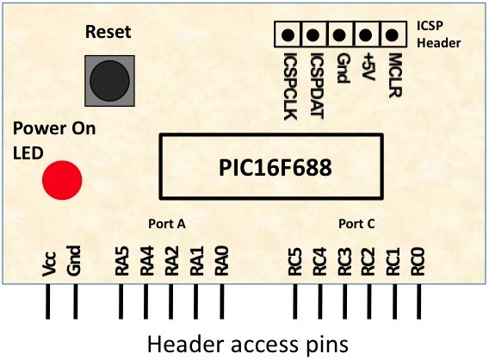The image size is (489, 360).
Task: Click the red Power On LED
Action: pos(62,180)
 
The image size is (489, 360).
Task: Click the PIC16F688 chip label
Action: pos(275,168)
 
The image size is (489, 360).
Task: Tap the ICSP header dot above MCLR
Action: pos(392,34)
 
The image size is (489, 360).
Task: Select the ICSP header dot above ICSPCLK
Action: pos(288,34)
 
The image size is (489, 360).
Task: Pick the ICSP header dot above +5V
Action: pos(366,34)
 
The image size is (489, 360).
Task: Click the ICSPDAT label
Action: pos(318,86)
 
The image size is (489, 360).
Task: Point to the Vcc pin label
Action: pos(49,264)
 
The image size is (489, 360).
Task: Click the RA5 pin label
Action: pos(122,261)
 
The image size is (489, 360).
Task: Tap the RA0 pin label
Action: pos(222,261)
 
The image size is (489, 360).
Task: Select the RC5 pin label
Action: pos(295,262)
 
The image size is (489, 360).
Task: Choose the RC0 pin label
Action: pos(418,262)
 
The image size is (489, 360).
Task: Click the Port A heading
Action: pos(167,224)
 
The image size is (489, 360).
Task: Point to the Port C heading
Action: pos(356,224)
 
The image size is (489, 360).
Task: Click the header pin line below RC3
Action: pos(344,301)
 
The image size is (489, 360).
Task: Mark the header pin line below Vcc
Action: pos(47,301)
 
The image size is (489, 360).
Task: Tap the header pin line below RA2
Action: pos(170,301)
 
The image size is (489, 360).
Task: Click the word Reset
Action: pos(108,32)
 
